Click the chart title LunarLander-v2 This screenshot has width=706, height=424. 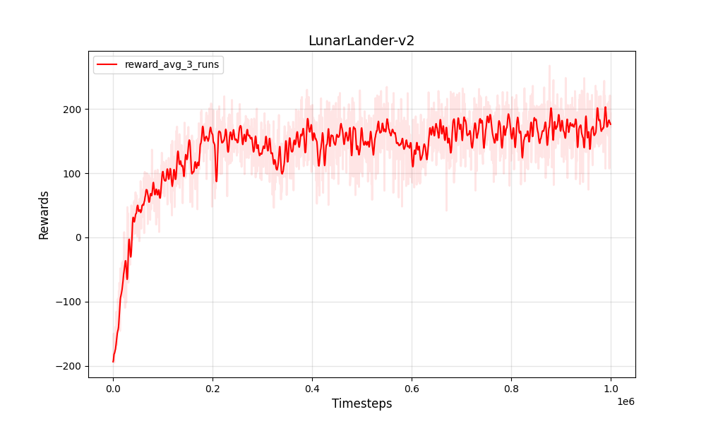pos(361,41)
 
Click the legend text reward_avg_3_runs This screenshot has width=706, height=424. pos(172,64)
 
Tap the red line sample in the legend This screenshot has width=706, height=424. pos(107,64)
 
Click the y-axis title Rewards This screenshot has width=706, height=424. pos(44,215)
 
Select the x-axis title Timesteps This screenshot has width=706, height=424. pos(361,404)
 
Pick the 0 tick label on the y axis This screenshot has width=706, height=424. pos(77,238)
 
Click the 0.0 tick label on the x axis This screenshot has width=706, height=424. pos(113,388)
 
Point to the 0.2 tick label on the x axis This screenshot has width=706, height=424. pos(213,388)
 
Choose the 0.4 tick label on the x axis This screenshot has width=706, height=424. pos(312,388)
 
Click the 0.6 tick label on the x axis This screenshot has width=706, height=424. pos(412,388)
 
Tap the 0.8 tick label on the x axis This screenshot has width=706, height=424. pos(511,388)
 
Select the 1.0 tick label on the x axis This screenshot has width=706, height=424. pos(611,388)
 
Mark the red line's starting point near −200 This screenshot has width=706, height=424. pos(113,362)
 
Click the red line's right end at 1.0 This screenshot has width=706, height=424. pos(611,124)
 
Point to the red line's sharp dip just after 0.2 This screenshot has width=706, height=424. pos(216,181)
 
